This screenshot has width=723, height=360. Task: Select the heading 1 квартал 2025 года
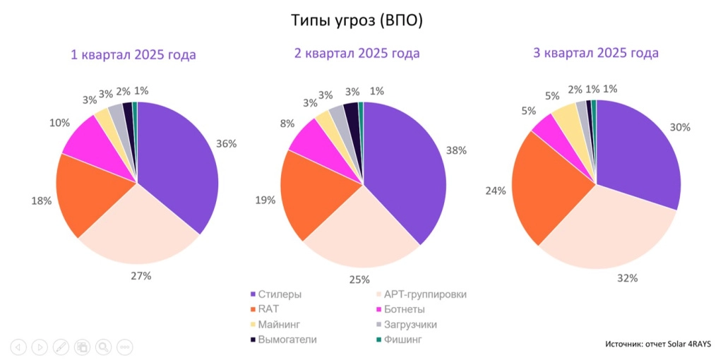pyautogui.click(x=133, y=54)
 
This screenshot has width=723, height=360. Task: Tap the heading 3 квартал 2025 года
pyautogui.click(x=596, y=53)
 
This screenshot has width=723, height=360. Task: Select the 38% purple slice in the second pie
pyautogui.click(x=406, y=169)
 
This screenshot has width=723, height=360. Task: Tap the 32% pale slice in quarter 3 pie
pyautogui.click(x=607, y=233)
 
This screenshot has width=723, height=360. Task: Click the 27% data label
pyautogui.click(x=141, y=276)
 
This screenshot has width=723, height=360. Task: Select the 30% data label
pyautogui.click(x=681, y=127)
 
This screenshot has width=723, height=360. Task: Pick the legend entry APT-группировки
pyautogui.click(x=423, y=294)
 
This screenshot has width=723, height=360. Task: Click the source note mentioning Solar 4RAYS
pyautogui.click(x=657, y=344)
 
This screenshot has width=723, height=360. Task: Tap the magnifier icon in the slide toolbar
pyautogui.click(x=103, y=347)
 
